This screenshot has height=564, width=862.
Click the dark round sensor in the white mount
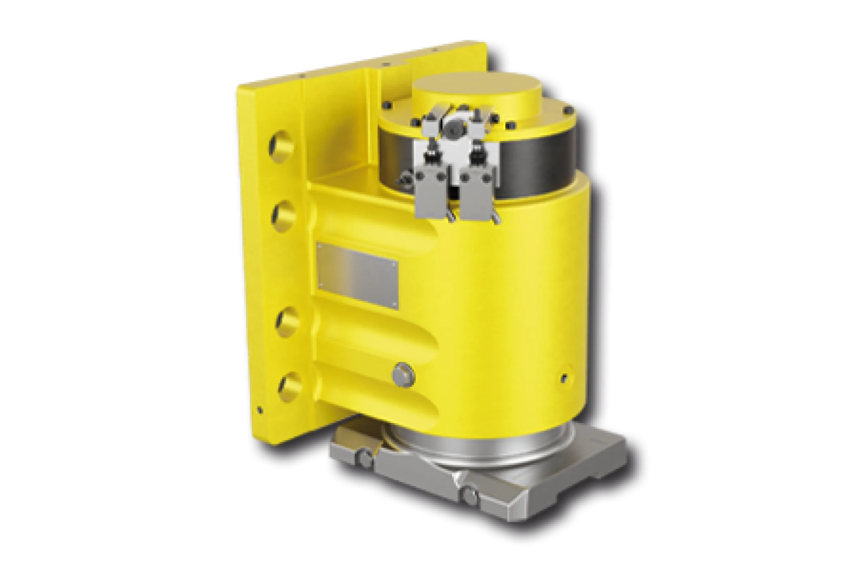point(451,128)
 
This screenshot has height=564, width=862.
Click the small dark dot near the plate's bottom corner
point(259,410)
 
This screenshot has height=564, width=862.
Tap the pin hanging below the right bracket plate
point(495,219)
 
